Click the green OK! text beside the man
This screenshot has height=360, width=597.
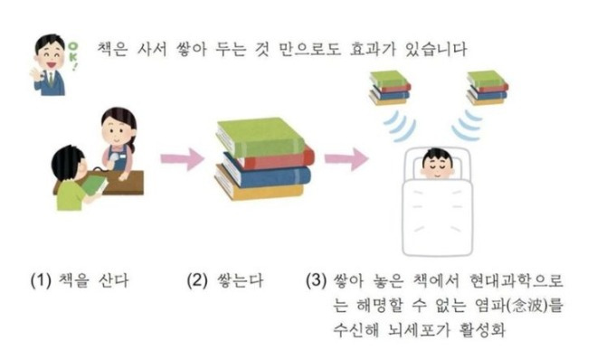pos(72,56)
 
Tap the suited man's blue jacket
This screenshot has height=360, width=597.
pos(50,84)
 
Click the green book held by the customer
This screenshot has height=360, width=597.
pos(94,185)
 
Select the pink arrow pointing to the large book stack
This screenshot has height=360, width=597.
pos(183,159)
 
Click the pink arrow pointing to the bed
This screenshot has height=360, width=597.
pos(346,159)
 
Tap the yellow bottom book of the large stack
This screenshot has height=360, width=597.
pos(260,187)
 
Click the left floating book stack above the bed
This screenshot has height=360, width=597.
pos(390,88)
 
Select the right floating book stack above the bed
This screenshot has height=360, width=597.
pos(488,88)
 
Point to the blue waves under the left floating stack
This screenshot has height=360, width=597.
pos(401,127)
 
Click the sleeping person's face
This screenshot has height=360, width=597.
pos(438,165)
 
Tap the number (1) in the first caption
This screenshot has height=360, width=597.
pos(41,280)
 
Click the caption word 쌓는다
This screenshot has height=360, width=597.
pos(241,280)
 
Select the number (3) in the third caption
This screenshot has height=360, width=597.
pos(317,280)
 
